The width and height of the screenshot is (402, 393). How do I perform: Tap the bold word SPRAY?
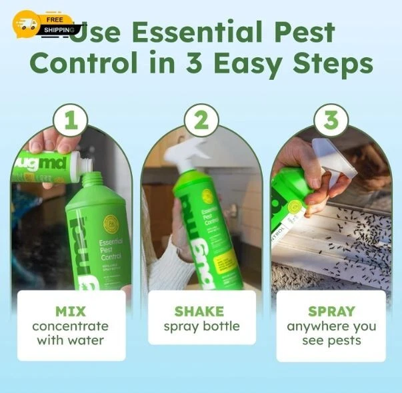point(331,311)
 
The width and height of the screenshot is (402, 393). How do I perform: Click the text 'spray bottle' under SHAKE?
point(201,327)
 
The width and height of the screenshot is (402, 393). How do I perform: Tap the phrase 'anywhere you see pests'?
point(331,333)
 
